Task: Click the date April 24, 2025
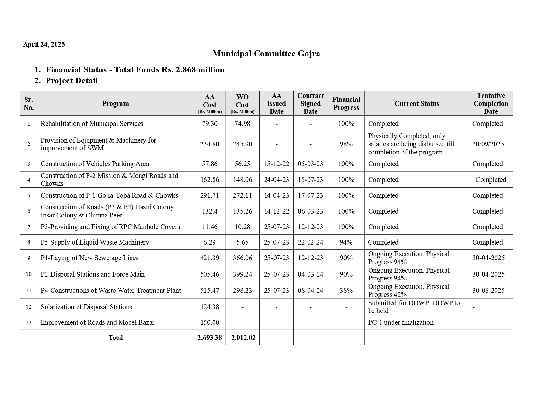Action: [x=44, y=45]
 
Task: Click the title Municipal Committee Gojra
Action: [x=266, y=54]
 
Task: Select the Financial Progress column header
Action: [x=346, y=103]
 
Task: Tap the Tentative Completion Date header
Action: [x=490, y=103]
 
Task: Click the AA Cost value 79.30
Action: [x=210, y=124]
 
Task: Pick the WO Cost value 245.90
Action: [x=242, y=144]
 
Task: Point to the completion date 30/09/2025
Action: [x=488, y=144]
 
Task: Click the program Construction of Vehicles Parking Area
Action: [x=95, y=164]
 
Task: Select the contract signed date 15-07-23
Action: [x=310, y=180]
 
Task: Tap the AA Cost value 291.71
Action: [x=210, y=195]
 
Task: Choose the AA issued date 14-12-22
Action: [x=276, y=211]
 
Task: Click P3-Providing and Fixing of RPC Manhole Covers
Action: [x=110, y=227]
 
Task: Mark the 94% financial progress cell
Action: [x=346, y=242]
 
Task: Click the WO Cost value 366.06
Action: [x=242, y=258]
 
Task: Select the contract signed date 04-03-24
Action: [x=310, y=274]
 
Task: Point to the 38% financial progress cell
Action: [x=346, y=291]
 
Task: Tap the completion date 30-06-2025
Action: [x=488, y=291]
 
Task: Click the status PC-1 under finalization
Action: [x=401, y=322]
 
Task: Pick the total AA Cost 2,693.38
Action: [x=210, y=338]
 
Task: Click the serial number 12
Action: [x=29, y=307]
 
